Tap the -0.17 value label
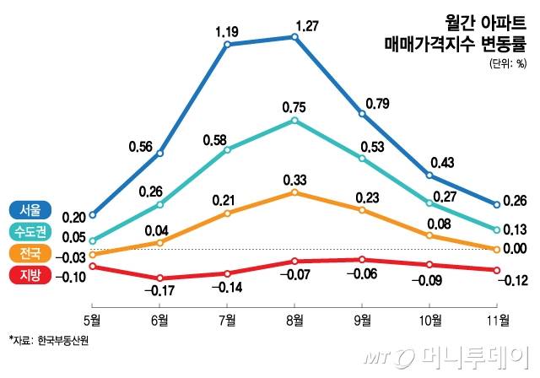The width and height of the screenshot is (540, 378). point(160,291)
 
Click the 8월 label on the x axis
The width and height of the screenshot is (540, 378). point(294,320)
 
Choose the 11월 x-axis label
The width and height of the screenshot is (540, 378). point(498,320)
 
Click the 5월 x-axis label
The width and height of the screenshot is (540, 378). point(92,320)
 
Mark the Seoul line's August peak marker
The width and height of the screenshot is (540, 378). point(294,37)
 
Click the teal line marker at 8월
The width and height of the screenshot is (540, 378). point(294,121)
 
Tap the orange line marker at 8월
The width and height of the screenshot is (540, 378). point(294,192)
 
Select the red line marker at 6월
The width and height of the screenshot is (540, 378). point(160,278)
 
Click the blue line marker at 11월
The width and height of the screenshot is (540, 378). point(498,204)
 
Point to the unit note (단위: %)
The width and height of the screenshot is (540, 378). point(506,64)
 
